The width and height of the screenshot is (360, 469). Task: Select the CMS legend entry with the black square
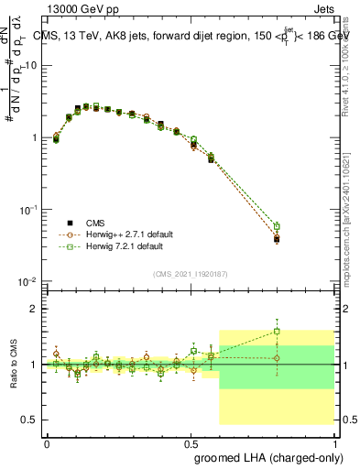(70, 223)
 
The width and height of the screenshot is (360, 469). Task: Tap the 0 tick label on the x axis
(47, 443)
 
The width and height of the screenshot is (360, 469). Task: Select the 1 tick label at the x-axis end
(336, 443)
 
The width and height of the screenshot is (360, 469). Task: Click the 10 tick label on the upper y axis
(32, 66)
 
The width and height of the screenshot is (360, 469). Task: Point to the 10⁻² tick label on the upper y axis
(28, 281)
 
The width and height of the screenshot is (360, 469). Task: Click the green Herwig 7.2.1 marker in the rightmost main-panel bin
(277, 226)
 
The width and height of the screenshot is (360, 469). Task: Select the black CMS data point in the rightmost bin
(277, 240)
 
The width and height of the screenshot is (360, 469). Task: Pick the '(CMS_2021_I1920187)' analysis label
(191, 273)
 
